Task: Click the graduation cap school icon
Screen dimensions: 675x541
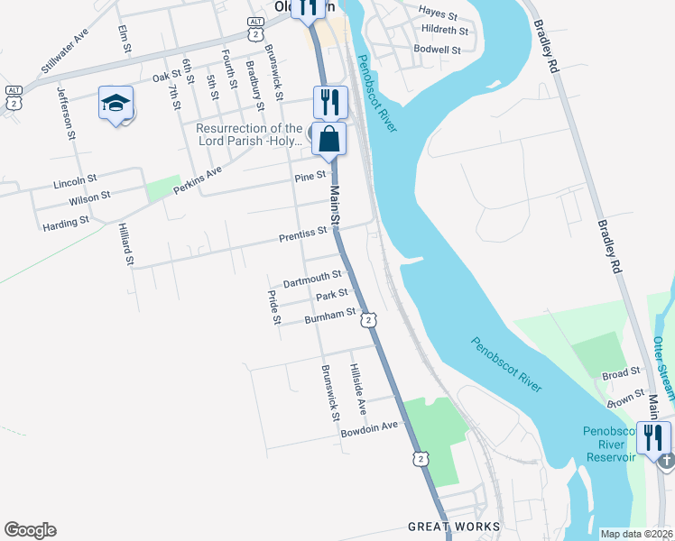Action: [x=116, y=105]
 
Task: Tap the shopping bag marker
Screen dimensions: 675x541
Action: [x=330, y=141]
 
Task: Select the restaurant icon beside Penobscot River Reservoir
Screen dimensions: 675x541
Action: [x=653, y=438]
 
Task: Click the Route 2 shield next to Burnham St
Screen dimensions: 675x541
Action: [x=368, y=320]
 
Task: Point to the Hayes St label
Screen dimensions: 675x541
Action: [x=438, y=14]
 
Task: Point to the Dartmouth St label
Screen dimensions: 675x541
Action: [x=312, y=279]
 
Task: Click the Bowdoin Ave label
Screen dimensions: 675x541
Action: [x=369, y=429]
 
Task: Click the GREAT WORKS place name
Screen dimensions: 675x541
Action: [x=453, y=527]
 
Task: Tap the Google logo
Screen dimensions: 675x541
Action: [x=30, y=530]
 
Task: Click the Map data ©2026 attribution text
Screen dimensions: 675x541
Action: [x=636, y=534]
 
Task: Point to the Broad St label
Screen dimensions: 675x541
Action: [x=620, y=371]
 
